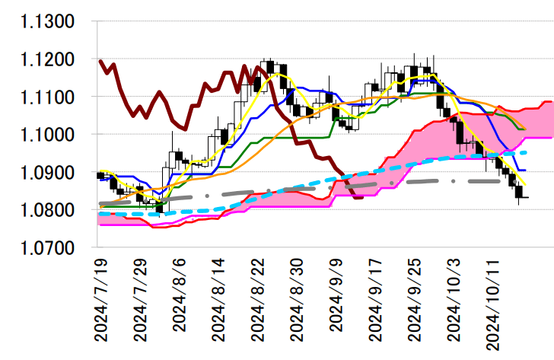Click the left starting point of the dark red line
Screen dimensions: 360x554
pyautogui.click(x=100, y=60)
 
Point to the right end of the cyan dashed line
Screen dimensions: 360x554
pyautogui.click(x=526, y=153)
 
